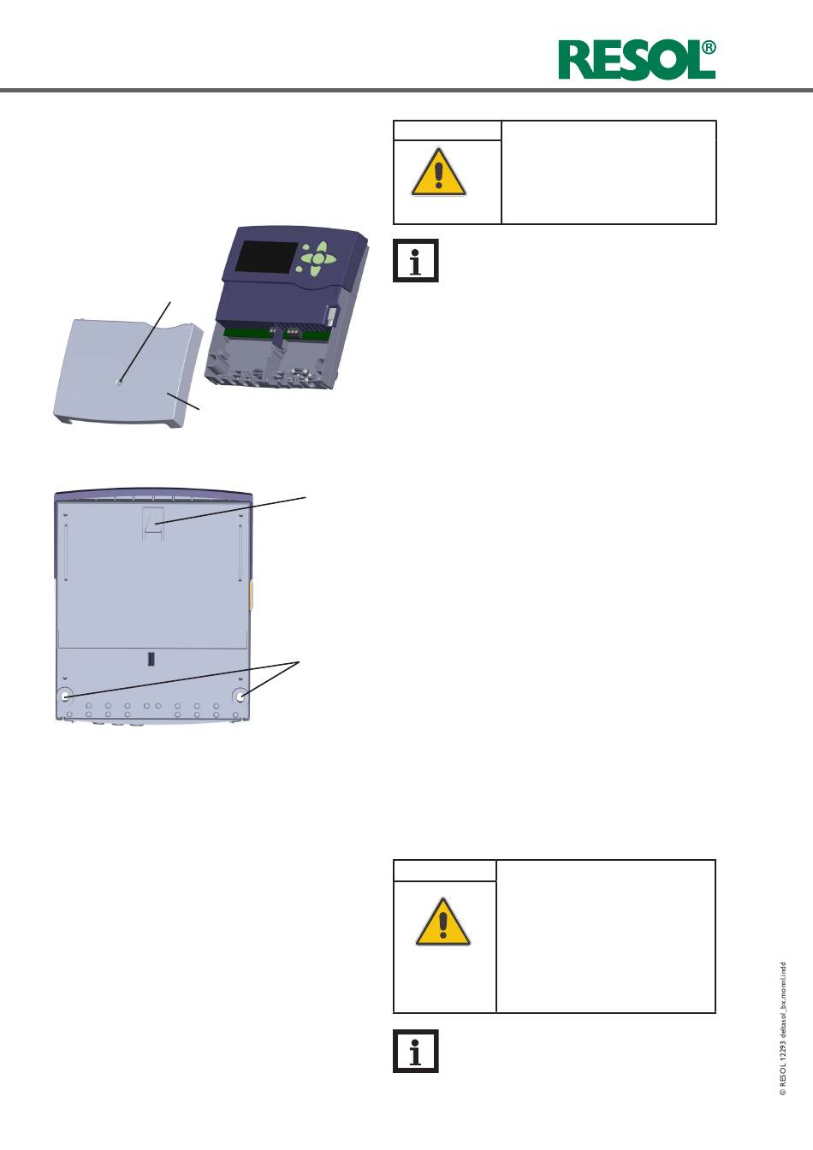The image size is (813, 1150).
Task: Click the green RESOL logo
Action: click(x=637, y=60)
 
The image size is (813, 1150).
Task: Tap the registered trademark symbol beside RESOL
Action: click(x=709, y=48)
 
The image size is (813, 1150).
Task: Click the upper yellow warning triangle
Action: click(x=438, y=172)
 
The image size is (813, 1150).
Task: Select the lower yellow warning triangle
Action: click(x=442, y=922)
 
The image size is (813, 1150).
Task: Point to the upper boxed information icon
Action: click(x=416, y=260)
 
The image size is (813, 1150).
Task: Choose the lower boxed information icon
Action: click(x=416, y=1051)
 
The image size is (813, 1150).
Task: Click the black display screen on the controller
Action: click(x=265, y=258)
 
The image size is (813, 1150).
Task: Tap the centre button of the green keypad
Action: click(x=319, y=258)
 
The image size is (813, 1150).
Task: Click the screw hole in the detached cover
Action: click(x=120, y=382)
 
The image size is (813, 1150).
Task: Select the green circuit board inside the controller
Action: click(x=277, y=333)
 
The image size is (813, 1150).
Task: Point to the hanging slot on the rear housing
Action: click(x=153, y=524)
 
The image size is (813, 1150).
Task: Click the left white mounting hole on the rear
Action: click(x=65, y=697)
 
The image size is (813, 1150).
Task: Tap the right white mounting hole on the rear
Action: click(x=240, y=697)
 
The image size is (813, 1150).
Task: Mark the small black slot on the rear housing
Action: click(x=151, y=659)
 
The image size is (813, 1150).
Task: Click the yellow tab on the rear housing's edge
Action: click(x=251, y=596)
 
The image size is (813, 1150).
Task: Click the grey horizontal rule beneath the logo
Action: click(x=406, y=91)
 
